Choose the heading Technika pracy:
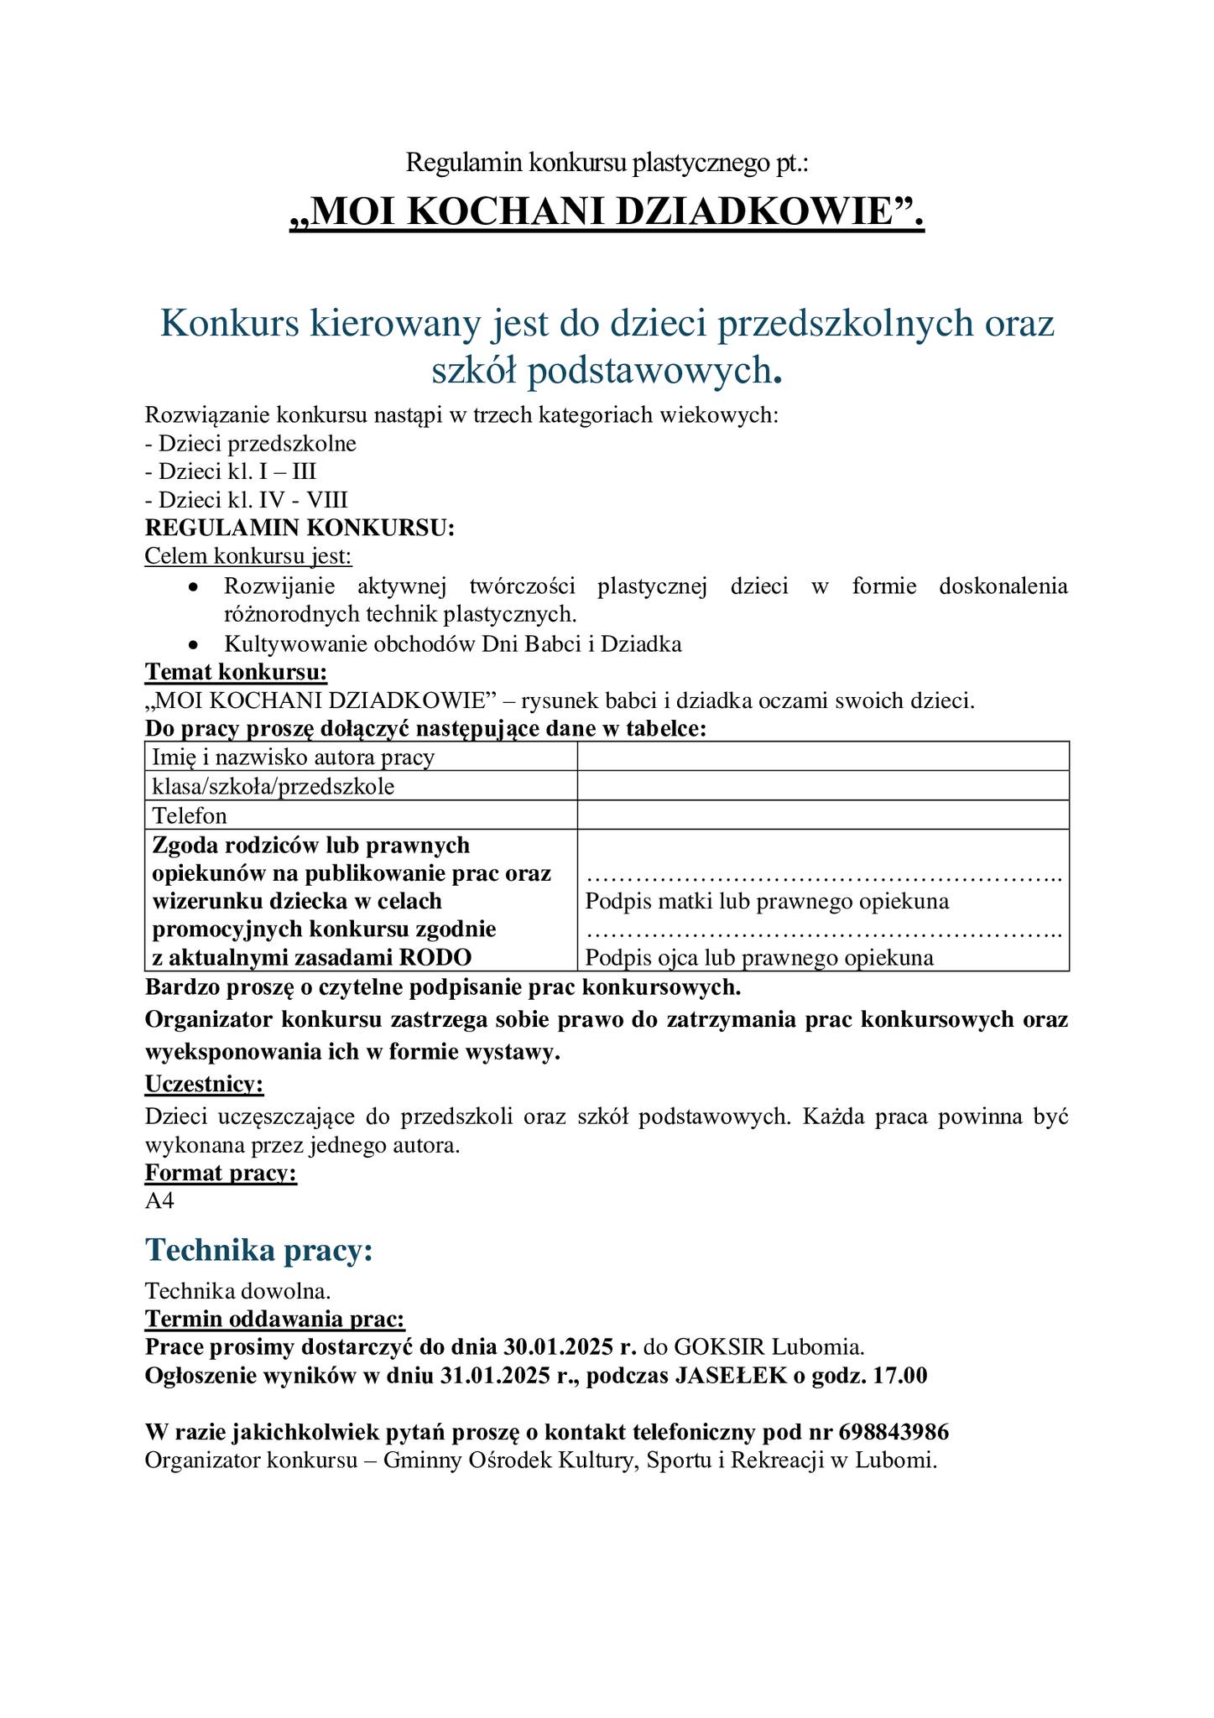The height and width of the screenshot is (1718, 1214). click(x=258, y=1250)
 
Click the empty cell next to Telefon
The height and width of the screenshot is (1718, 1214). click(x=822, y=815)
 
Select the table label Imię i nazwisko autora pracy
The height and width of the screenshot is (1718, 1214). click(x=294, y=757)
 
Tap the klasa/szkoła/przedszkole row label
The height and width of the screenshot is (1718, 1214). click(x=274, y=786)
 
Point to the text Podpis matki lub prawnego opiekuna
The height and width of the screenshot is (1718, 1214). click(x=767, y=902)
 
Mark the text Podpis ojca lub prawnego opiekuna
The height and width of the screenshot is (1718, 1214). click(x=759, y=958)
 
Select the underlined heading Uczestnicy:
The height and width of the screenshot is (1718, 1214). click(x=204, y=1084)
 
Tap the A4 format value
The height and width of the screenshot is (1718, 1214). click(x=159, y=1200)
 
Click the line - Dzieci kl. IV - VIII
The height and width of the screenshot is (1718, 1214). click(x=246, y=500)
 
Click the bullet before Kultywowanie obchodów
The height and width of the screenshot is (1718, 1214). click(x=193, y=645)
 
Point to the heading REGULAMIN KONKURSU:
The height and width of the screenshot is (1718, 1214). click(x=300, y=528)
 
